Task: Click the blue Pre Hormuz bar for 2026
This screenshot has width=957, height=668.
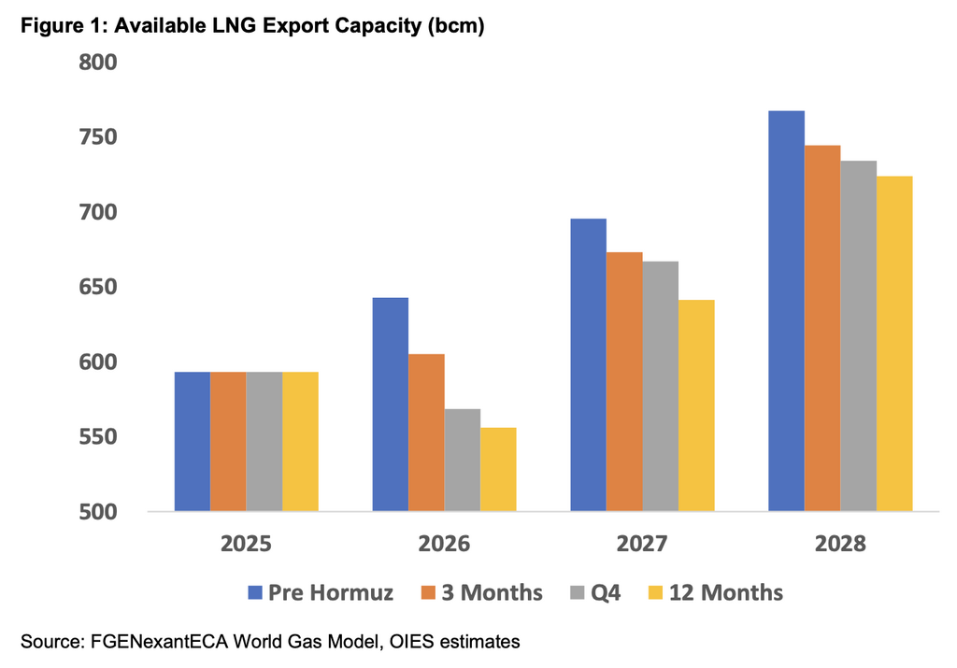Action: (x=390, y=405)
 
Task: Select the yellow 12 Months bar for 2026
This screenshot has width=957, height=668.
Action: (x=498, y=469)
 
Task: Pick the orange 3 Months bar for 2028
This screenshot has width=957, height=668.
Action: (x=822, y=328)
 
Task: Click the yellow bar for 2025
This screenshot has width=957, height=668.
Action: (x=300, y=441)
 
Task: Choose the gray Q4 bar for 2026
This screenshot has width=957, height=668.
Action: (x=463, y=460)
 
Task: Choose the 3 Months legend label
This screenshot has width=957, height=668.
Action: (x=485, y=591)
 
